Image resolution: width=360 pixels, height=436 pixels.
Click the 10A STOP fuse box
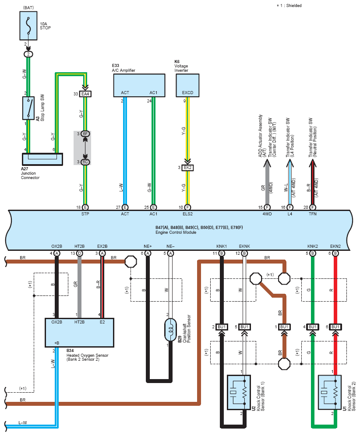(28, 25)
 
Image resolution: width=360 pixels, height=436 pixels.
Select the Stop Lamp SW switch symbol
(28, 108)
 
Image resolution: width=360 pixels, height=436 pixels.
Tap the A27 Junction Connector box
(42, 159)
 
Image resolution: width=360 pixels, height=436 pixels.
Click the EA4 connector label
(85, 94)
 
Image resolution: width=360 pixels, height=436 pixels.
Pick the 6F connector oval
(85, 134)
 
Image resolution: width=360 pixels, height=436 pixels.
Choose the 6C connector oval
(85, 162)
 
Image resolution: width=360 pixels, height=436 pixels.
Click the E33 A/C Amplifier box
(139, 85)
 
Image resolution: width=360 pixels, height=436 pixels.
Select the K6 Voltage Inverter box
(187, 85)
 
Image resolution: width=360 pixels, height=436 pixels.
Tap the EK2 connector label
(187, 168)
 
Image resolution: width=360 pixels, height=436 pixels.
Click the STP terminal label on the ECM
(85, 214)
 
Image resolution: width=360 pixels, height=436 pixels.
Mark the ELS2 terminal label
(187, 214)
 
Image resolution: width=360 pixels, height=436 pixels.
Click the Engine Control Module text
(176, 232)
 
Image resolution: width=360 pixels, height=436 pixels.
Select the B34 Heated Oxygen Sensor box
(80, 333)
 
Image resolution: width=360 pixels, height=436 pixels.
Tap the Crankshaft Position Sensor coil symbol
(170, 330)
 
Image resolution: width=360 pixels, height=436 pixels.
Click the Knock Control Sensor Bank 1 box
(239, 392)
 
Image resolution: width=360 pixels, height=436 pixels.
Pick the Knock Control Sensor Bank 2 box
(330, 392)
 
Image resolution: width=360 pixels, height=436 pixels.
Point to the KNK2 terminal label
(313, 246)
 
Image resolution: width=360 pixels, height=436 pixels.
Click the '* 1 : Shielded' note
(289, 6)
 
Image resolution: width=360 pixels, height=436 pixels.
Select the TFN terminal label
(313, 214)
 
